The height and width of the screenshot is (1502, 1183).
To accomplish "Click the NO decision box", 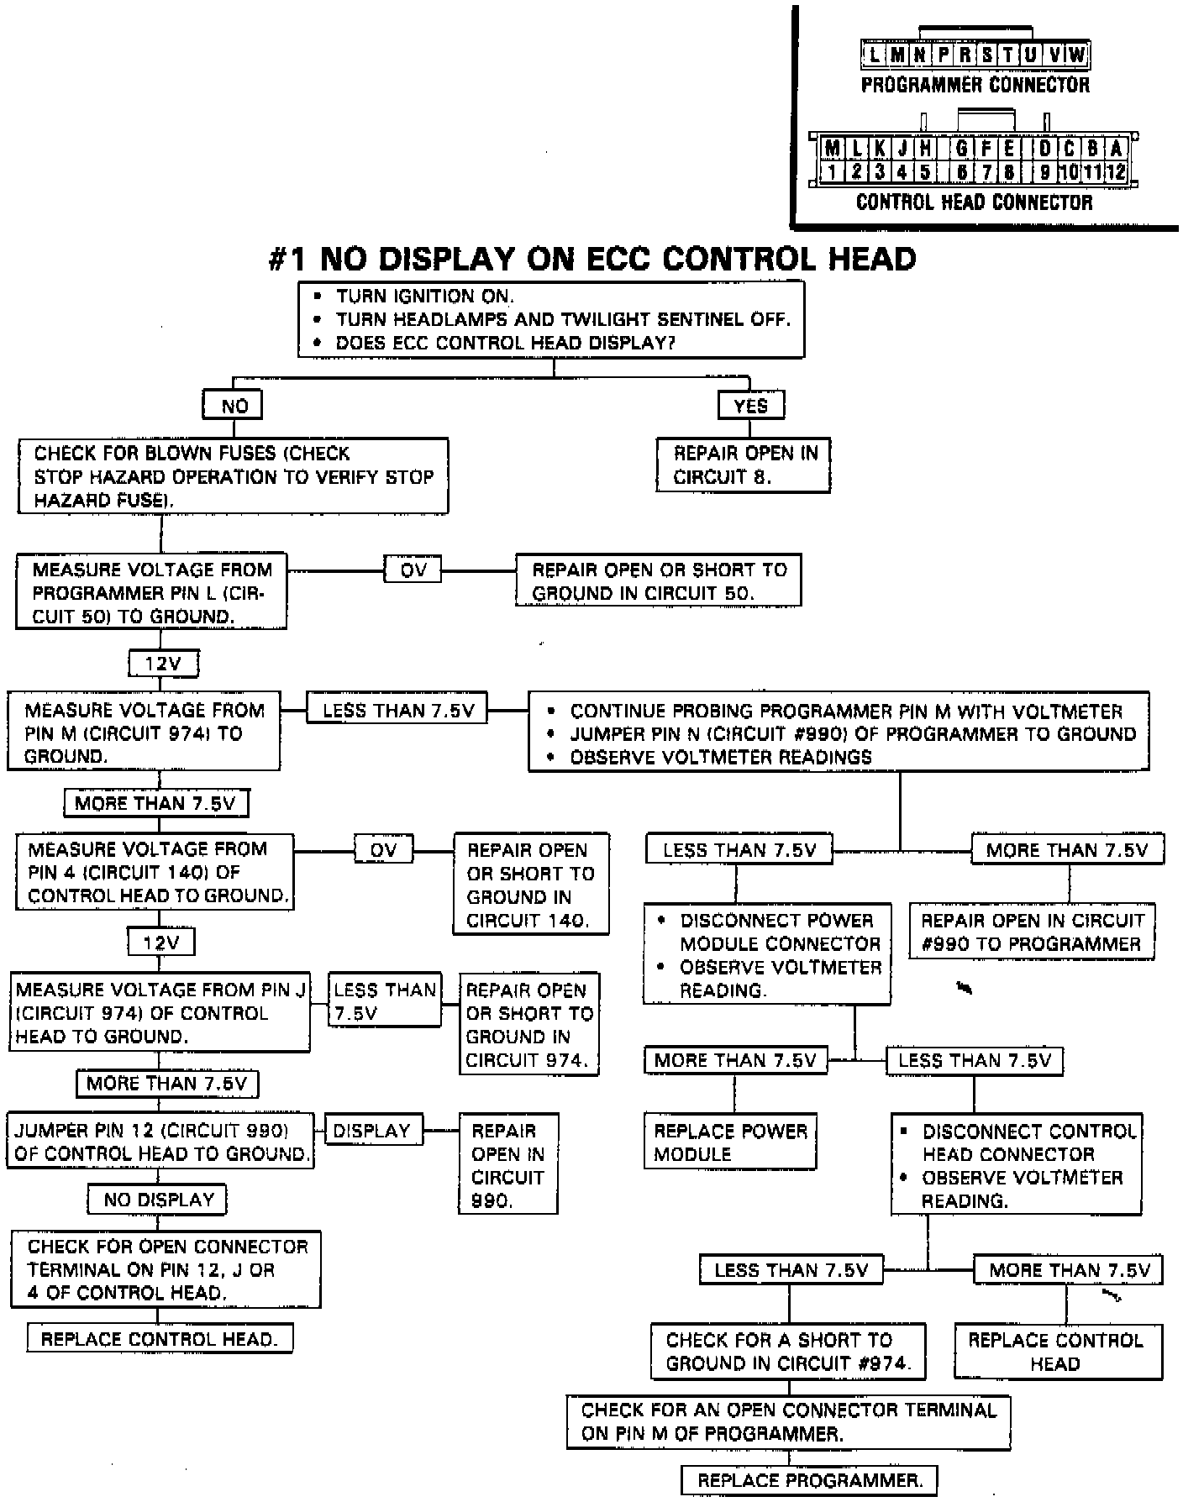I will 233,406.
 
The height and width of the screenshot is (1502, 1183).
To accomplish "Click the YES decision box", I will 750,406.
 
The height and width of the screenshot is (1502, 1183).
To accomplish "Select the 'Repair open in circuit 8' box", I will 744,465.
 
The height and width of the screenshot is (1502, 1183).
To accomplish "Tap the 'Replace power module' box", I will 730,1142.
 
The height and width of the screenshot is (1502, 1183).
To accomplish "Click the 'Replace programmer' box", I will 808,1479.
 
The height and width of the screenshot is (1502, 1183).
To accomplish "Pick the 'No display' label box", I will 158,1200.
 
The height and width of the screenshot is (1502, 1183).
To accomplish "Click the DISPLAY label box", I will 372,1131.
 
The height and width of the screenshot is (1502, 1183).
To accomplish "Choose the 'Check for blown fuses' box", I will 233,476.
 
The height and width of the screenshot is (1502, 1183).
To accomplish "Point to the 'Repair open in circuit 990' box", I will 508,1165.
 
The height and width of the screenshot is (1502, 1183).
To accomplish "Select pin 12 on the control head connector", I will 1116,172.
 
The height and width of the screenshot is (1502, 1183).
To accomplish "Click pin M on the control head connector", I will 832,150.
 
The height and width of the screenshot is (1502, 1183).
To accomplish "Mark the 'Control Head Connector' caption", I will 974,202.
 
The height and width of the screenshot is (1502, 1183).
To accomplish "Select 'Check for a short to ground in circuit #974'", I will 788,1352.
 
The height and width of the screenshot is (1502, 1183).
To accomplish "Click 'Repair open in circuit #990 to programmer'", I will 1032,932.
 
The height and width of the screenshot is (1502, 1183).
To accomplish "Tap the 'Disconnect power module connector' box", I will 767,955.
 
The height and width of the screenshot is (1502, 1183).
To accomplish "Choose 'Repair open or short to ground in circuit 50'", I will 659,580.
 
